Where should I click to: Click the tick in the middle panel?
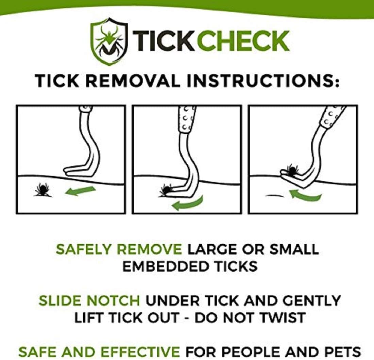click(166, 190)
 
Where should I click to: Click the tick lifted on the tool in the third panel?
click(292, 169)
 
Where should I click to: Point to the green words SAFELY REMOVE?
click(119, 249)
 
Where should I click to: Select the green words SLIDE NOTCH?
click(89, 301)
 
